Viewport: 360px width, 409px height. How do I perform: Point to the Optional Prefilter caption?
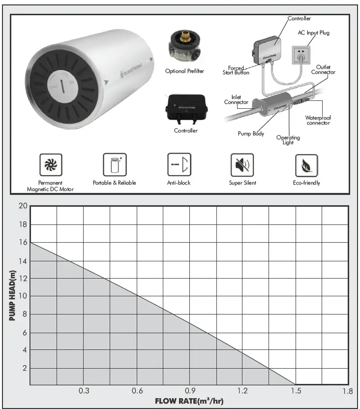click(184, 71)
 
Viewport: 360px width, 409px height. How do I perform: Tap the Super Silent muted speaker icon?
click(242, 165)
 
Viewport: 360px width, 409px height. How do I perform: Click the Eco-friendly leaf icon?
click(306, 165)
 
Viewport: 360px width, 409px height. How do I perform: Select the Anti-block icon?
click(179, 165)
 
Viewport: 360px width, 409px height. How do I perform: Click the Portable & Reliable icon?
click(115, 165)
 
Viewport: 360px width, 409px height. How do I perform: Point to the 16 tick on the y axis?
click(22, 242)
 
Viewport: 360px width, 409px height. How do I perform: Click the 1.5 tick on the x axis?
click(295, 391)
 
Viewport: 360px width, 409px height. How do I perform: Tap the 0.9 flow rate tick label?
click(190, 391)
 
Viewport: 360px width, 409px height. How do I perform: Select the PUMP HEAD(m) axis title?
click(13, 295)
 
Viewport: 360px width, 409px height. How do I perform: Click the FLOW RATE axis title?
click(189, 401)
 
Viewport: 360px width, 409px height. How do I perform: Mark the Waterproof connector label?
click(318, 120)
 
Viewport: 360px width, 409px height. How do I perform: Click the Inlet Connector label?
click(236, 100)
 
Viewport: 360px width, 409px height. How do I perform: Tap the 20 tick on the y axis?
click(22, 206)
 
